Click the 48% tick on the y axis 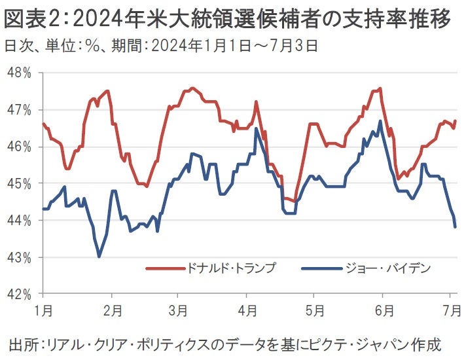pos(21,73)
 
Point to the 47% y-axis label pos(21,110)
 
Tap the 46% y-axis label pos(21,147)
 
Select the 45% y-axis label pos(21,183)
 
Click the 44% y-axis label pos(21,221)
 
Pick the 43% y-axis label pos(21,257)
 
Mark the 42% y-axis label pos(21,294)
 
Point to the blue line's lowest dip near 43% pos(99,257)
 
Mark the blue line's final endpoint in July pos(455,227)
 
